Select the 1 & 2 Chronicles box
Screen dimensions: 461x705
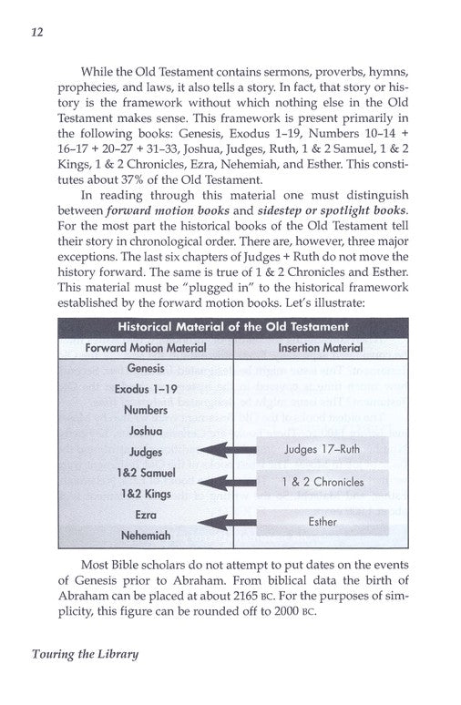pos(323,483)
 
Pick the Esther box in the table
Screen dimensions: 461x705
pos(323,522)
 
